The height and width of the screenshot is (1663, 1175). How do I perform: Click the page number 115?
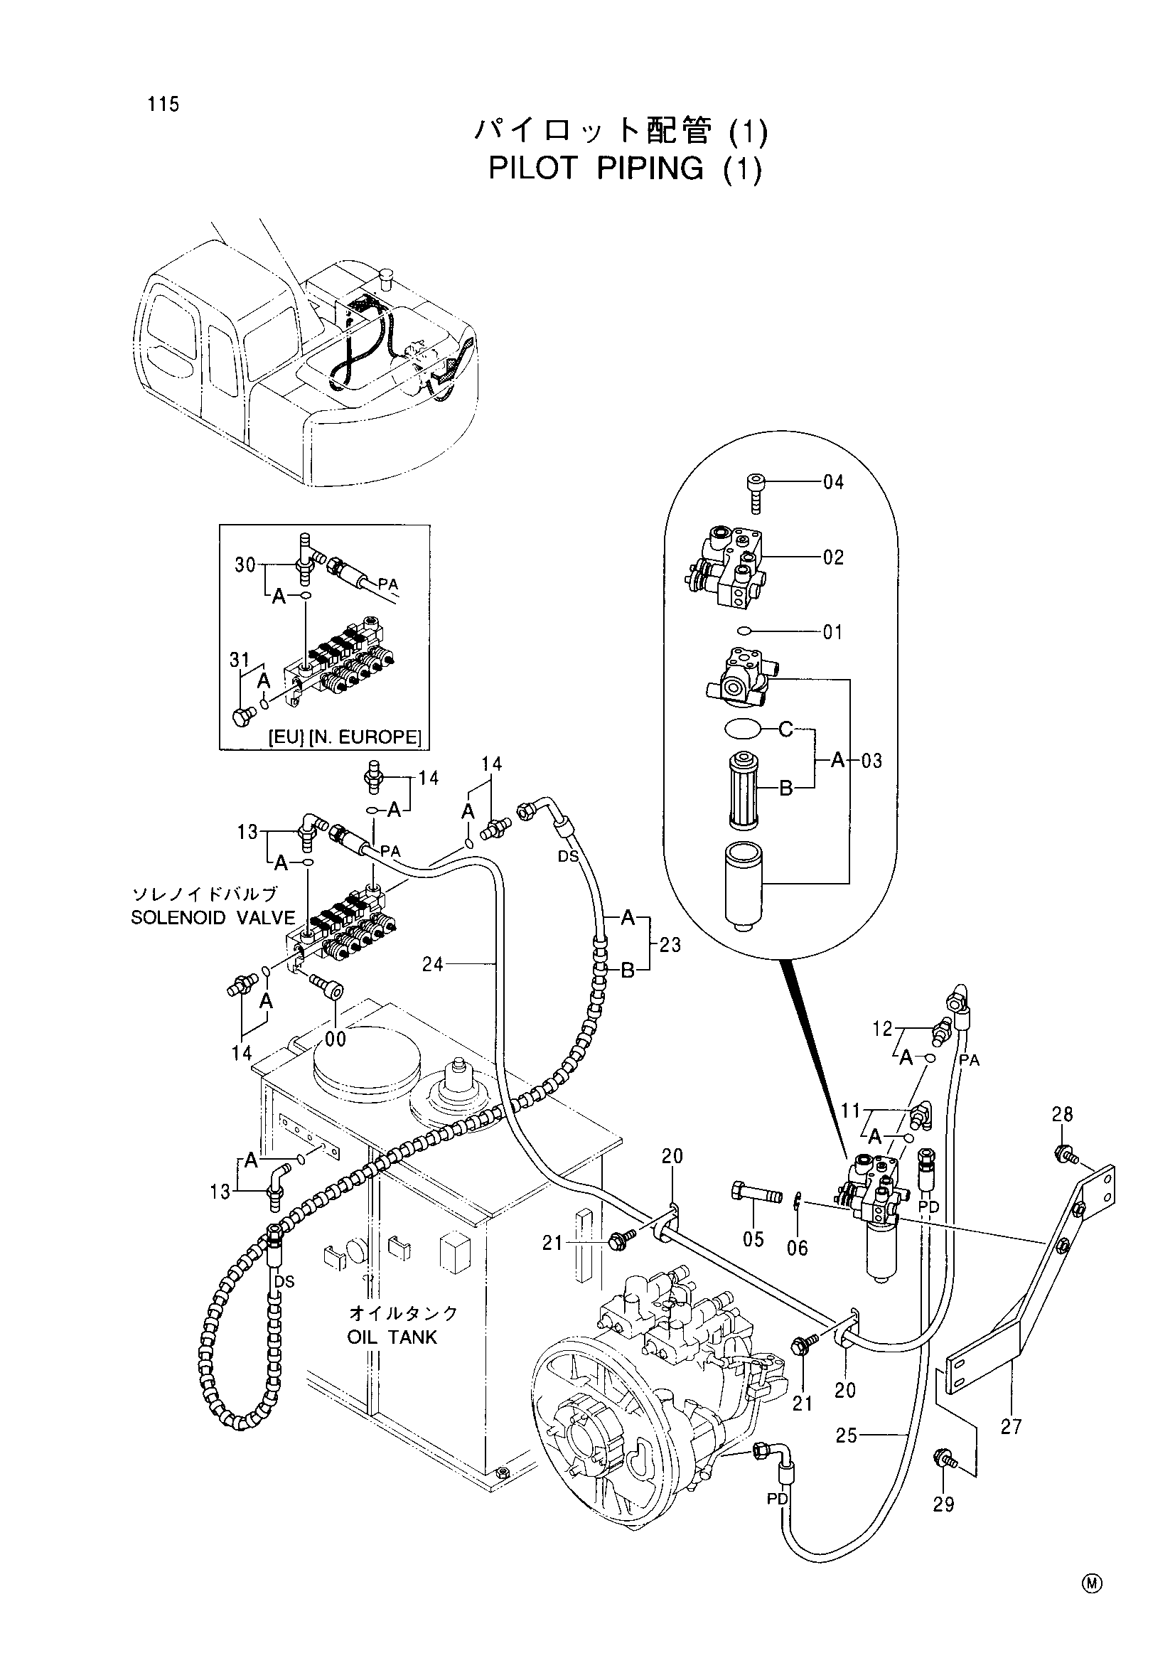click(x=163, y=105)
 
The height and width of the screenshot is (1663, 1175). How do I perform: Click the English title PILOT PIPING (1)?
click(x=626, y=168)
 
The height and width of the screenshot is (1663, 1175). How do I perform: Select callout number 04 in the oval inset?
click(x=833, y=481)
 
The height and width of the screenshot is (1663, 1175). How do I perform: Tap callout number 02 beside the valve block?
click(x=833, y=557)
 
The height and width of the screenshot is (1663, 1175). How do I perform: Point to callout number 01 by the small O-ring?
click(x=833, y=632)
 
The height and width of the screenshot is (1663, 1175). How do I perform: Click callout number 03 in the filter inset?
click(x=871, y=761)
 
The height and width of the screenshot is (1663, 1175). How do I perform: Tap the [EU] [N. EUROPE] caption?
click(x=344, y=737)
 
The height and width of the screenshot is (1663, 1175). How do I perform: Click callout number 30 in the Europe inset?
click(x=245, y=565)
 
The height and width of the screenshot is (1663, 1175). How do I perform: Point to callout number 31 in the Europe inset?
click(x=240, y=660)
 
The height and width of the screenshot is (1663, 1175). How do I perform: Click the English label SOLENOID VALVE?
click(x=213, y=919)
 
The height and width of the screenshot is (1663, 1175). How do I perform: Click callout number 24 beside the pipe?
click(x=433, y=964)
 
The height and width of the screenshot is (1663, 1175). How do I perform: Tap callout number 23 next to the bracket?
click(x=670, y=944)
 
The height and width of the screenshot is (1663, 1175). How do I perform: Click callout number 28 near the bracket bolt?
click(x=1062, y=1114)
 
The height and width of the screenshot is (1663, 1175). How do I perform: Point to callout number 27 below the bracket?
click(x=1011, y=1426)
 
